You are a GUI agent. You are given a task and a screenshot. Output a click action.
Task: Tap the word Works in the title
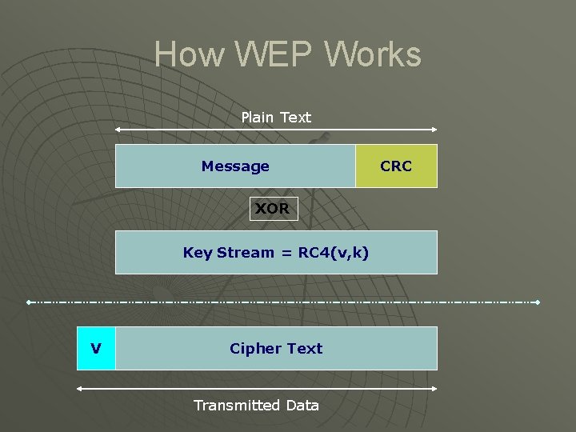[x=373, y=54]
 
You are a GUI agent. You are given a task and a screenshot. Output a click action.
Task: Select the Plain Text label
[x=276, y=118]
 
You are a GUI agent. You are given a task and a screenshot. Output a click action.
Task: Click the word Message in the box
[x=235, y=166]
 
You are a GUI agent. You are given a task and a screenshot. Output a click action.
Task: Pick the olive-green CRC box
[x=396, y=166]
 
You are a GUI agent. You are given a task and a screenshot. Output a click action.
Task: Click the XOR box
[x=273, y=209]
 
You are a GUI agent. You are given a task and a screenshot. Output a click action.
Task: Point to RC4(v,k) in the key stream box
[x=334, y=253]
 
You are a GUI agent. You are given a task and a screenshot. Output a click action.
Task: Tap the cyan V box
[x=96, y=348]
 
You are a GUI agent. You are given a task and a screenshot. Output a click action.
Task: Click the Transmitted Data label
[x=256, y=406]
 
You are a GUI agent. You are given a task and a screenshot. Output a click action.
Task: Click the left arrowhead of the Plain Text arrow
[x=118, y=130]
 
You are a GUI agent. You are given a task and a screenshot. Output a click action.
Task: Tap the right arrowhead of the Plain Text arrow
[x=435, y=130]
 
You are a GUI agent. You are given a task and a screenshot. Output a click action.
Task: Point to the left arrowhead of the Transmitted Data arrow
[x=79, y=389]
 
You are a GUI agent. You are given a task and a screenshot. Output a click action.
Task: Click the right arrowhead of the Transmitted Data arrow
[x=435, y=389]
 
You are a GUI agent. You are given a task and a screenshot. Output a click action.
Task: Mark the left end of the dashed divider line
[x=28, y=302]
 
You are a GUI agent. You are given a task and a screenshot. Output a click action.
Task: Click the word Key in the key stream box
[x=198, y=253]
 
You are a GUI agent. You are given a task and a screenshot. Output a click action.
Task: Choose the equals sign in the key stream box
[x=286, y=253]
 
